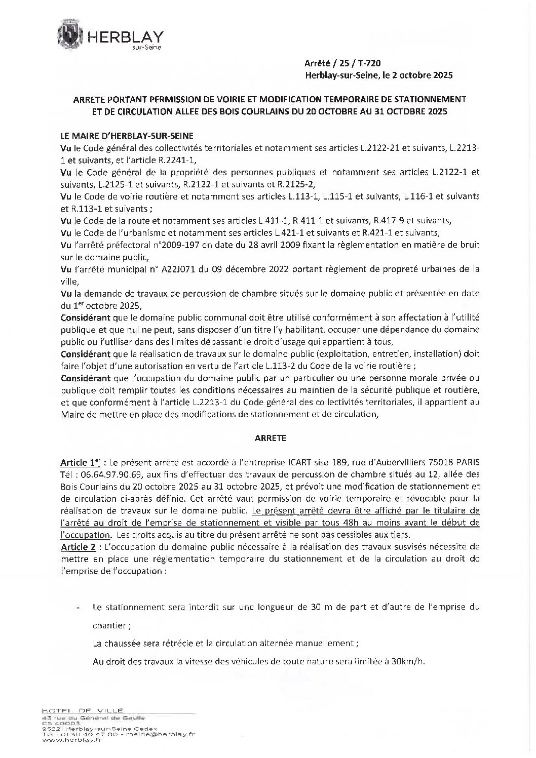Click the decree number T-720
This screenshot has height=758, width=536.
click(x=368, y=63)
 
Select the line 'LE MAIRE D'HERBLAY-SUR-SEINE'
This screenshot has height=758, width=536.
click(x=126, y=136)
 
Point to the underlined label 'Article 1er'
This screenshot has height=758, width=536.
click(x=81, y=462)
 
